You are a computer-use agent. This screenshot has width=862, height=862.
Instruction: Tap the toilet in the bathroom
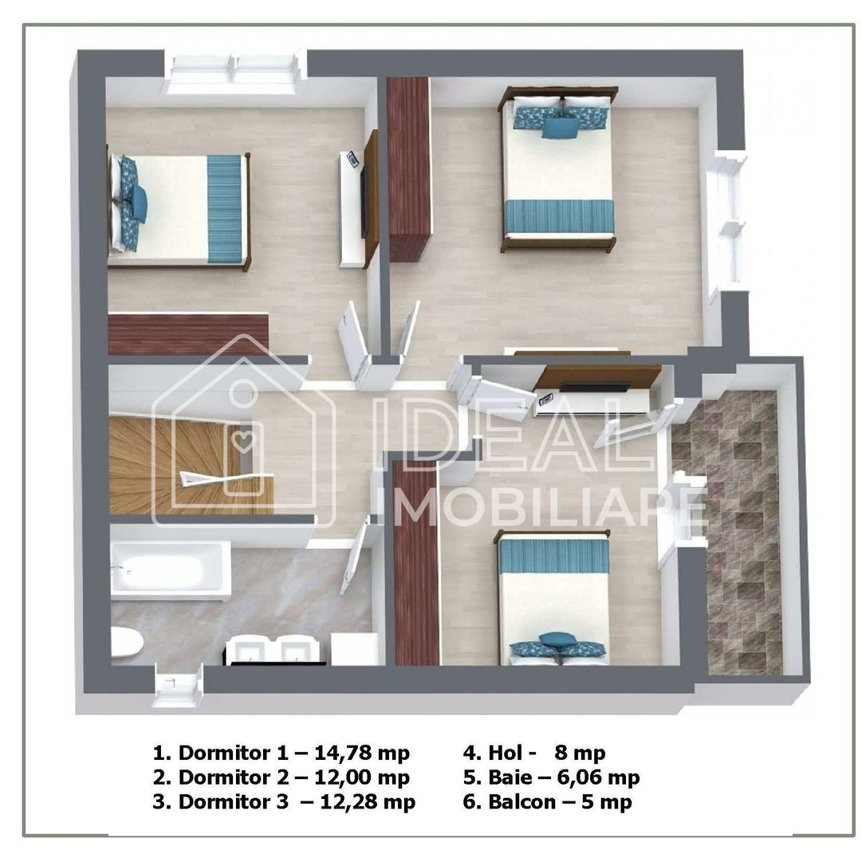click(x=126, y=644)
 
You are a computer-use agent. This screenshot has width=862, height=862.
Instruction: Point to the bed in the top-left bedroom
click(x=179, y=209)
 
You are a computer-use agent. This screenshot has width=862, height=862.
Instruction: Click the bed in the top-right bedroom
click(x=558, y=172)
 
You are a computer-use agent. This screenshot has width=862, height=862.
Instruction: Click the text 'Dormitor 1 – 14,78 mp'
click(x=281, y=752)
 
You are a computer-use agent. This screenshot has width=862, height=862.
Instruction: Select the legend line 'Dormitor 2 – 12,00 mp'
click(x=281, y=777)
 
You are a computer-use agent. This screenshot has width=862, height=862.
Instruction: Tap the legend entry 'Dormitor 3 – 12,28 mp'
click(x=284, y=801)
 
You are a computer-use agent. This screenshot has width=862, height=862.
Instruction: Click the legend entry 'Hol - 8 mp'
click(x=534, y=752)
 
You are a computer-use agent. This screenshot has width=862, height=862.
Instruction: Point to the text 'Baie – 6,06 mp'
click(x=551, y=777)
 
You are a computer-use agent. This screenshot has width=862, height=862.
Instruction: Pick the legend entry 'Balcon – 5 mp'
click(x=548, y=801)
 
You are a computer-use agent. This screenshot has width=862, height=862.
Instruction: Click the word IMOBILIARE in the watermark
click(x=550, y=507)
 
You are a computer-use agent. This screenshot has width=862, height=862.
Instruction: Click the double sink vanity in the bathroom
click(x=275, y=650)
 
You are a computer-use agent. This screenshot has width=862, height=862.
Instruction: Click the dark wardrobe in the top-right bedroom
click(x=409, y=168)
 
